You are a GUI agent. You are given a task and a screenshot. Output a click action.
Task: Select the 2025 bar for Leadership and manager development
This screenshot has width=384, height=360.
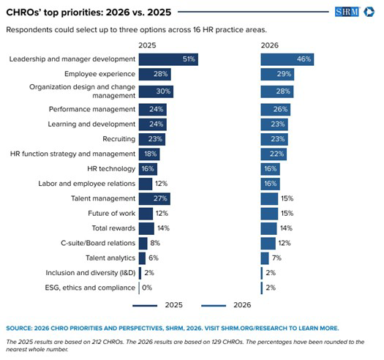pyautogui.click(x=167, y=59)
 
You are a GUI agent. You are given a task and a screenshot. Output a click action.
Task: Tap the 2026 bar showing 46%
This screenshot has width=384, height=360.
pyautogui.click(x=287, y=59)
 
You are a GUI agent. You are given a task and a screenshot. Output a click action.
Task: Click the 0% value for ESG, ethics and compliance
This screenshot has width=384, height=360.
pyautogui.click(x=147, y=288)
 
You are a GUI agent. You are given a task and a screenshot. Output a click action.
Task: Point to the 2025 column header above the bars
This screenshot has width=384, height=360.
pyautogui.click(x=148, y=45)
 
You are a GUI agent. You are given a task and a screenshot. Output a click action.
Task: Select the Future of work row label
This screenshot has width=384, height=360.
pyautogui.click(x=110, y=213)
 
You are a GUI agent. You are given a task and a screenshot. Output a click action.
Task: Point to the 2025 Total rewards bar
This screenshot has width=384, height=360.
pyautogui.click(x=146, y=228)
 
